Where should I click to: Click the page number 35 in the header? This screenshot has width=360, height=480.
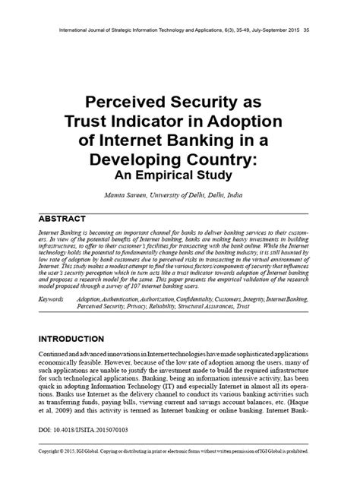click(306, 31)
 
